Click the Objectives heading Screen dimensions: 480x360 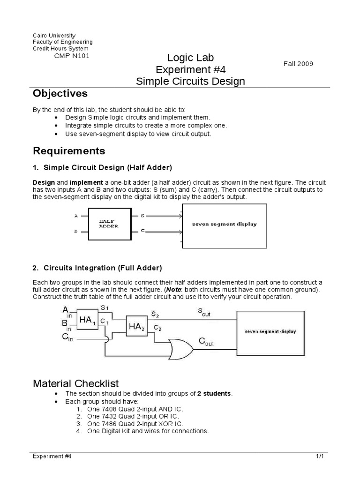60,94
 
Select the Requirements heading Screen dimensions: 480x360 69,151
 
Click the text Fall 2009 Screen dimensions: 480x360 298,64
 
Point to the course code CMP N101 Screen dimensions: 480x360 72,56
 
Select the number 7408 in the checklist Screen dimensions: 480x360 105,408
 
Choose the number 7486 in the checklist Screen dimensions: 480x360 105,423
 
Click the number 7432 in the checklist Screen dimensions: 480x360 105,416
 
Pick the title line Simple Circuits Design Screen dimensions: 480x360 190,81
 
